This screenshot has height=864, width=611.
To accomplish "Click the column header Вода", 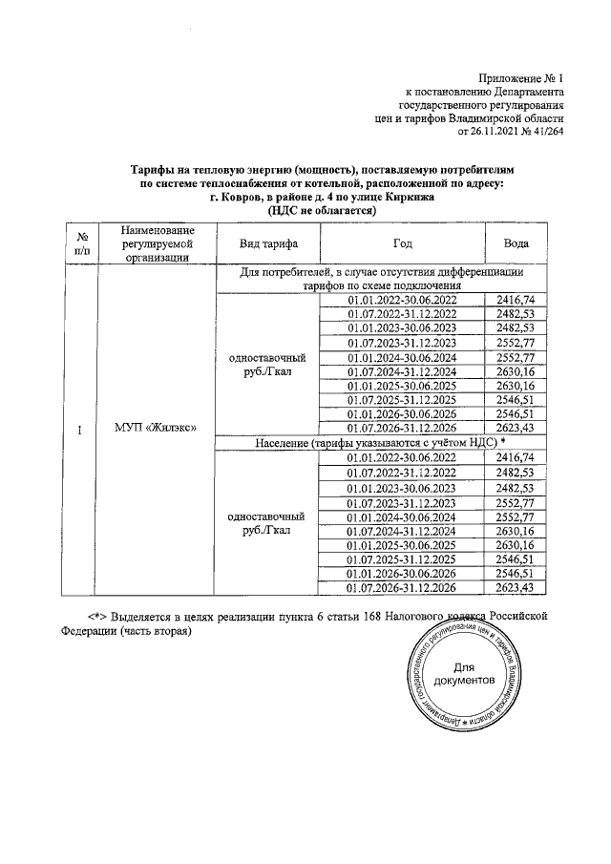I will click(516, 243).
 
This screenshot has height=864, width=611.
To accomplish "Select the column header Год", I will click(402, 243).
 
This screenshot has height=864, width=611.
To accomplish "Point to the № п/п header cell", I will click(83, 243).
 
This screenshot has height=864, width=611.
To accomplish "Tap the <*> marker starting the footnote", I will click(95, 616).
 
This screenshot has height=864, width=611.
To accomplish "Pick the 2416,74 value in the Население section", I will click(516, 458).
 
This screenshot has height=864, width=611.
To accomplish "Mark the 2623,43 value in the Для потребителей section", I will click(516, 429).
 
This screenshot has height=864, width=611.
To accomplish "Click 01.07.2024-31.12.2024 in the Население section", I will click(402, 531).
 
